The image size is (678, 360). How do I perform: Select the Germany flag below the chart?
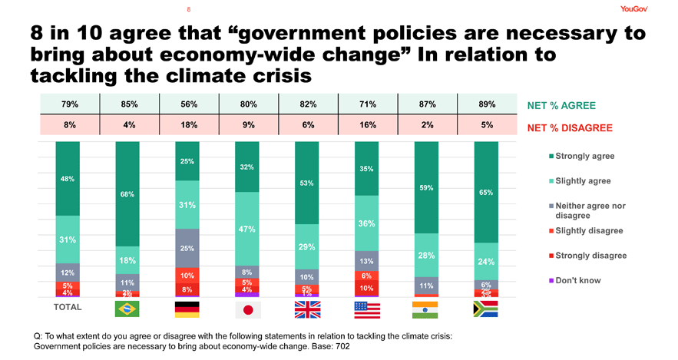tap(187, 308)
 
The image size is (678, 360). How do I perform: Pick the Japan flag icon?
tap(247, 308)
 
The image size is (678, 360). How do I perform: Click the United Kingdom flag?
tap(307, 308)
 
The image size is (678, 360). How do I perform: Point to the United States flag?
tap(366, 308)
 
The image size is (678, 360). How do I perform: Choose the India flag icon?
tap(426, 308)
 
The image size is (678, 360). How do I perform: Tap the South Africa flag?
tap(486, 308)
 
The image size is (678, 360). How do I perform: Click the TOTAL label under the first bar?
tap(68, 307)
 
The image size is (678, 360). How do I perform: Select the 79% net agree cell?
tap(69, 104)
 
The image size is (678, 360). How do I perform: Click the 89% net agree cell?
tap(486, 104)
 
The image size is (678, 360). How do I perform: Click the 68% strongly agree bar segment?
tap(127, 193)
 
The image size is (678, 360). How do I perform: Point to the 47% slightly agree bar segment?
tap(247, 229)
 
